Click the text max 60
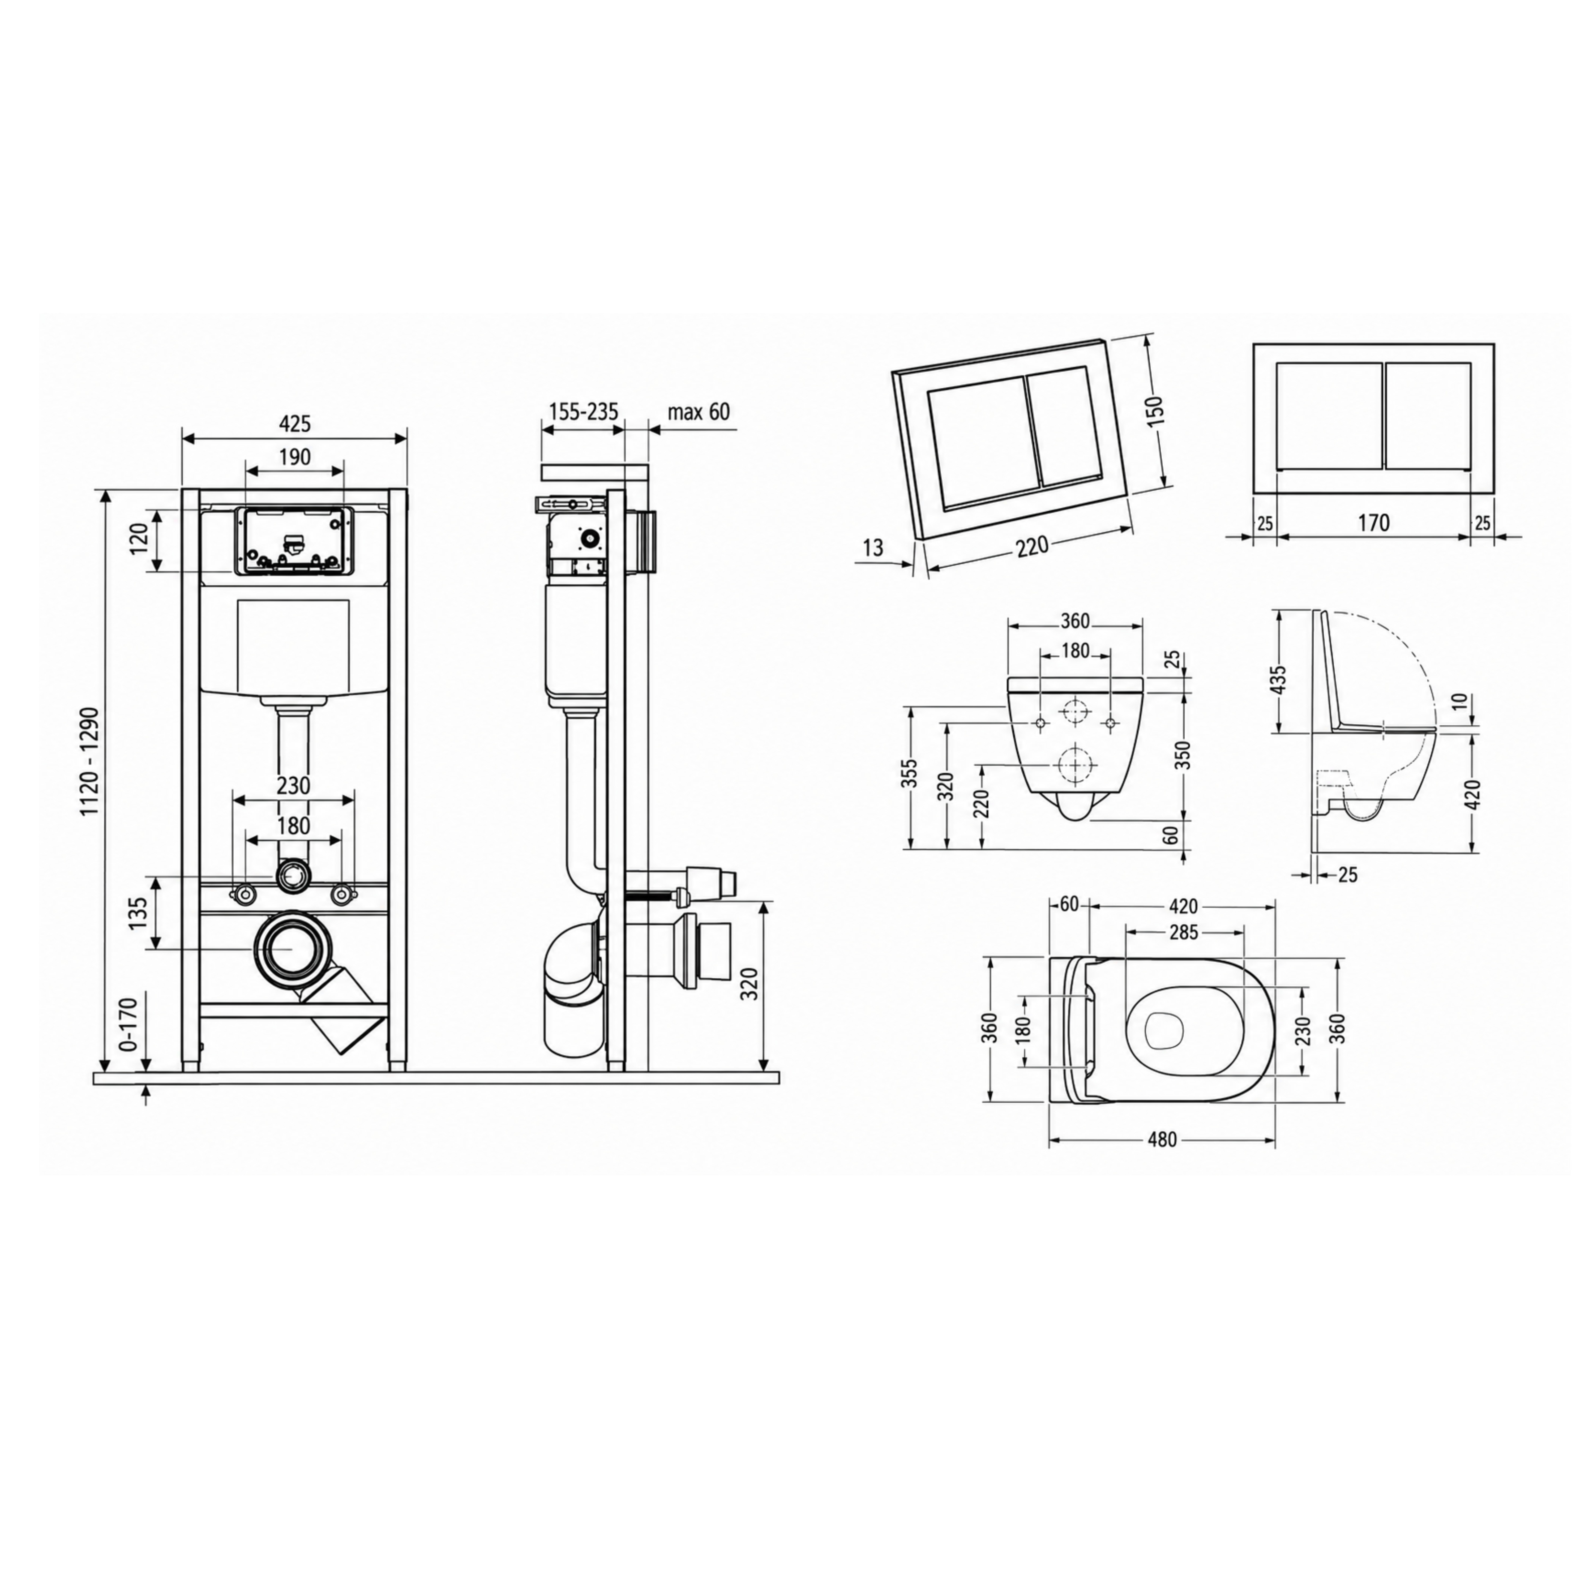click(698, 412)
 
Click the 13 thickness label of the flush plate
click(872, 547)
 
